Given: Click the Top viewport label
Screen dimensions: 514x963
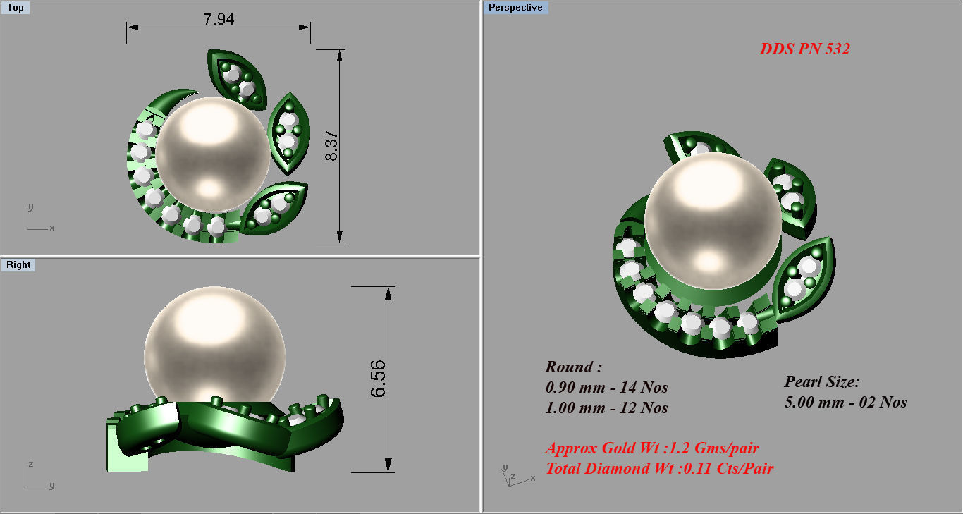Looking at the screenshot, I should (x=15, y=8).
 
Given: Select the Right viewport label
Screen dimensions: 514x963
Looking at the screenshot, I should (x=18, y=265).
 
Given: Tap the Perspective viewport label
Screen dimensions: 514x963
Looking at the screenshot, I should (x=515, y=8).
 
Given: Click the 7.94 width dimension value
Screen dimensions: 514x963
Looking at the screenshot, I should (x=219, y=19).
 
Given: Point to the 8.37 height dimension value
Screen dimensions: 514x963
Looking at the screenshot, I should (x=332, y=145).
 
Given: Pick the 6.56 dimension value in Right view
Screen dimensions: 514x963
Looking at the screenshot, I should (x=379, y=379).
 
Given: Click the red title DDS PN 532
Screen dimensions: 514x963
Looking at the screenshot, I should (x=804, y=49).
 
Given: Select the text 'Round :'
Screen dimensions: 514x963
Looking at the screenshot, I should (x=573, y=367).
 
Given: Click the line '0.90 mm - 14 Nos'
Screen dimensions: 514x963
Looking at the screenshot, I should (x=606, y=388).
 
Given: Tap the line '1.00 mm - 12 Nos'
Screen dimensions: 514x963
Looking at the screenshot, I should (x=606, y=408).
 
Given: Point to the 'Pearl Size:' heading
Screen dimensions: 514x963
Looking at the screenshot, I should (x=822, y=382).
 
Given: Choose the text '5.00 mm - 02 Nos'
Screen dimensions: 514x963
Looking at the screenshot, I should (x=845, y=403).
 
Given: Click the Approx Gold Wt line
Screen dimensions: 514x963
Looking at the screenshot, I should (x=652, y=448).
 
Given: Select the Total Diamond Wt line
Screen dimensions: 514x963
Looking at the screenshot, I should (x=659, y=468).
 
